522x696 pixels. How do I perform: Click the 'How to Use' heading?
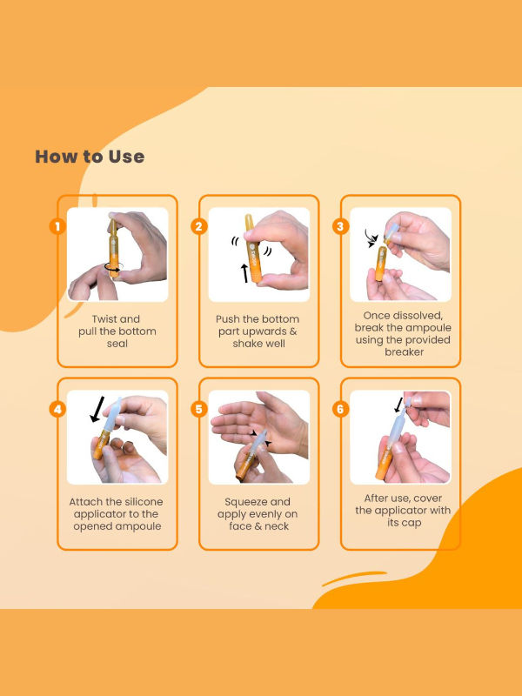coord(90,157)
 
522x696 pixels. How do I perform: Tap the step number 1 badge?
coord(57,227)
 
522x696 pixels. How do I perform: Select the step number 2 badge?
coord(199,227)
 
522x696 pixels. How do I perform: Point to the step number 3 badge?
coord(340,227)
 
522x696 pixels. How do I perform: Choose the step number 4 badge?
coord(57,409)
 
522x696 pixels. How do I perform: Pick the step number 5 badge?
coord(199,409)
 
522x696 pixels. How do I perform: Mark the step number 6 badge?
coord(340,409)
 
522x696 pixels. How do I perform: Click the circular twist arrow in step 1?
coord(113,269)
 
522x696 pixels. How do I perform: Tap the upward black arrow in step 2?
coord(244,273)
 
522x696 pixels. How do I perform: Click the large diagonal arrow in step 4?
coord(97,409)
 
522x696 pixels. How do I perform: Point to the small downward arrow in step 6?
coord(398,405)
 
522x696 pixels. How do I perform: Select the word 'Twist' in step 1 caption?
coord(104,319)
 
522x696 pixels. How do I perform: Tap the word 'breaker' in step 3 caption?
coord(404,352)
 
